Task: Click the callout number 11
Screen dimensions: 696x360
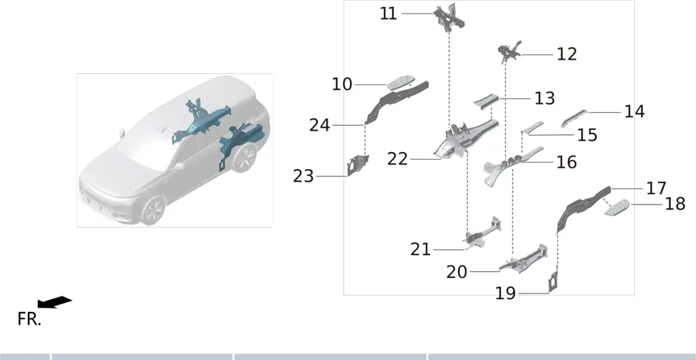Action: coord(388,14)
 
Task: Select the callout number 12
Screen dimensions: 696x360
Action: coord(567,54)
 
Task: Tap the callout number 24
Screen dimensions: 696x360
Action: coord(319,126)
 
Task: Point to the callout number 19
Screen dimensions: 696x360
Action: coord(506,293)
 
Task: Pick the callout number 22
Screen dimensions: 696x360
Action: coord(397,159)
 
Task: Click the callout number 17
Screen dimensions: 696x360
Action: coord(656,188)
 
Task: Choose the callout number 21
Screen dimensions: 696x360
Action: coord(420,250)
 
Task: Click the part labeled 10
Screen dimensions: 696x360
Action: coord(402,82)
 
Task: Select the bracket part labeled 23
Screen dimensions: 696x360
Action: coord(358,165)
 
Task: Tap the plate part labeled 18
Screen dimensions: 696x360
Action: coord(617,207)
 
